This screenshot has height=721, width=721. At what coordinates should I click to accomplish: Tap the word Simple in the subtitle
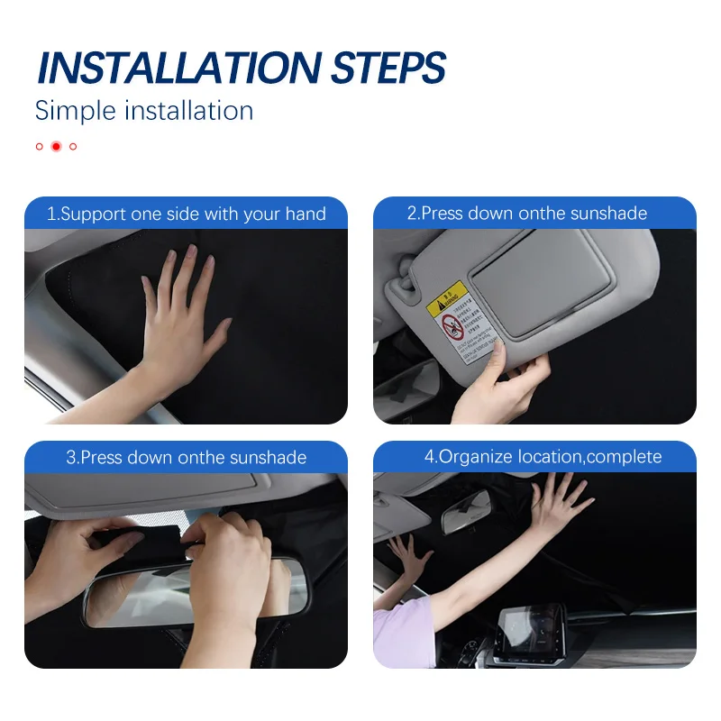(x=76, y=111)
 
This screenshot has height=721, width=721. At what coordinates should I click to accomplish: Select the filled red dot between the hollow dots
(x=56, y=146)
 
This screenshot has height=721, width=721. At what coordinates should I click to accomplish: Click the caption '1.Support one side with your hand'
(x=186, y=214)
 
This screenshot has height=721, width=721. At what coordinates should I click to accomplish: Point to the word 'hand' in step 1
(x=306, y=214)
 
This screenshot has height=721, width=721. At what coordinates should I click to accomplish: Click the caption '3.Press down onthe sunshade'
(x=186, y=457)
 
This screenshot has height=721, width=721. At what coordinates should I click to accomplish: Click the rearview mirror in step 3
(x=180, y=595)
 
